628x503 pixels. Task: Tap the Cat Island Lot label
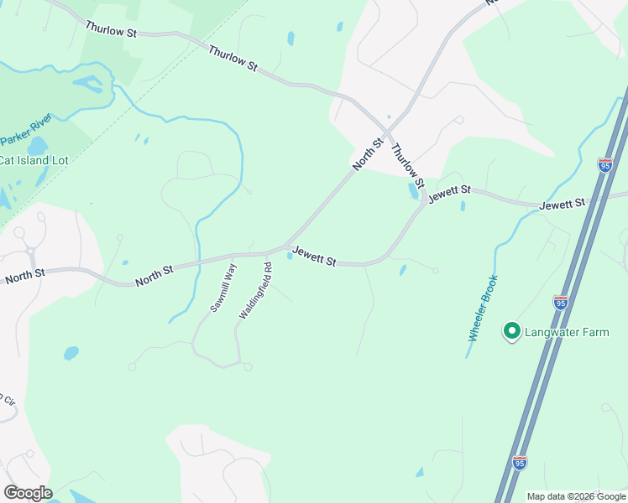point(32,160)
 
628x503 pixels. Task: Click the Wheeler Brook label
point(484,308)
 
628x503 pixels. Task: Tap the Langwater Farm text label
point(567,333)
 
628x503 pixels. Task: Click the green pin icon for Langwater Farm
point(510,331)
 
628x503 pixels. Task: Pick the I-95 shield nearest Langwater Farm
point(561,302)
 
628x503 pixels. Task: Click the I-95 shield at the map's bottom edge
point(519,463)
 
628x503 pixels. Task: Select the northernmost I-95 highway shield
point(605,165)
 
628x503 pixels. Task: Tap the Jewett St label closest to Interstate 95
point(562,205)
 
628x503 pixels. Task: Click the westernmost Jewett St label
point(314,257)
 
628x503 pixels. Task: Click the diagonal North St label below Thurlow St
point(368,155)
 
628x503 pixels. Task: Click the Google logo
point(28,493)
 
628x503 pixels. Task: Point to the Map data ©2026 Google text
point(576,496)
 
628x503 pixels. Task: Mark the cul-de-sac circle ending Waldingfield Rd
point(248,366)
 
